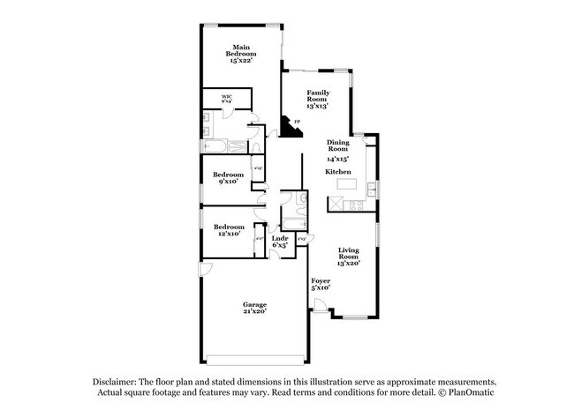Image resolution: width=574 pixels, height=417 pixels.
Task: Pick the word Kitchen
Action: pos(338,171)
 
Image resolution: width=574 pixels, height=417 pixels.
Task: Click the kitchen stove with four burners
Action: pos(356,205)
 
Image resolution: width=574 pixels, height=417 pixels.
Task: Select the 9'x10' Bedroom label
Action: pos(230,178)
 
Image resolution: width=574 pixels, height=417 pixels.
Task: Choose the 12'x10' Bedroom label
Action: pos(230,230)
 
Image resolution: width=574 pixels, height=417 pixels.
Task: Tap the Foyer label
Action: pos(320,284)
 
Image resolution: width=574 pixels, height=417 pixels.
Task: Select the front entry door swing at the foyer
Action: pos(319,306)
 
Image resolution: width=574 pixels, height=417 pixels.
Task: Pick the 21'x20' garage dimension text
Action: pos(255,311)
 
